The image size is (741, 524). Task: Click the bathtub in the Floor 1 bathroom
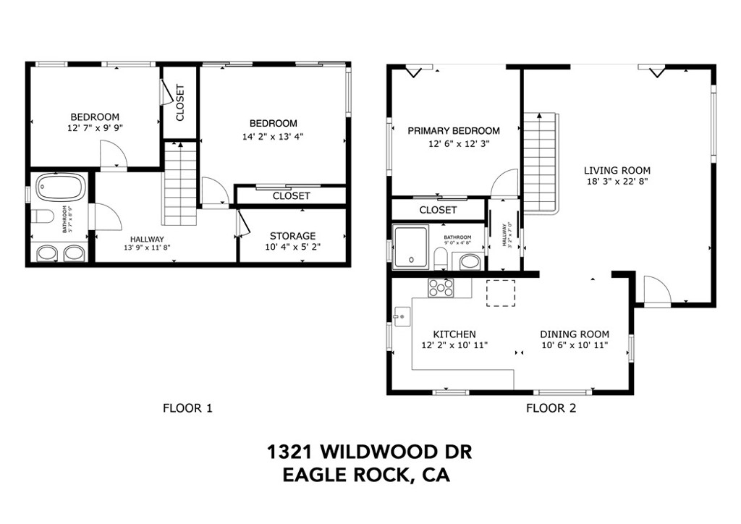tap(60, 188)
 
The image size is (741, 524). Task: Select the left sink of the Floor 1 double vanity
tap(48, 253)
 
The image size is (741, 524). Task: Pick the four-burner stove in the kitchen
tap(441, 288)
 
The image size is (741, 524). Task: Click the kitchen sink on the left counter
tap(402, 316)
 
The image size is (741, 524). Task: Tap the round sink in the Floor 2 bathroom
tap(470, 261)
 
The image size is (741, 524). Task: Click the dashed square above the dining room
tap(500, 292)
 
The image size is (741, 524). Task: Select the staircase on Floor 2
tap(539, 163)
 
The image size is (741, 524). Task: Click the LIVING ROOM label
tap(617, 171)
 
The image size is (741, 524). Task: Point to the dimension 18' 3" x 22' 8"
tap(617, 182)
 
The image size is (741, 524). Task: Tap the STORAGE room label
tap(292, 236)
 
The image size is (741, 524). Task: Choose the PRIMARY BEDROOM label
tap(454, 131)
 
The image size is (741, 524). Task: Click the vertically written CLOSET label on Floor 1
tap(180, 103)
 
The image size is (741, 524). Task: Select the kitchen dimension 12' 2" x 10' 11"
tap(454, 345)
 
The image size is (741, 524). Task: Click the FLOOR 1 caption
tap(187, 408)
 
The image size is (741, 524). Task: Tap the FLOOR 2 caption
tap(551, 408)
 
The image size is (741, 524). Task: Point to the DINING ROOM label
tap(575, 334)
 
